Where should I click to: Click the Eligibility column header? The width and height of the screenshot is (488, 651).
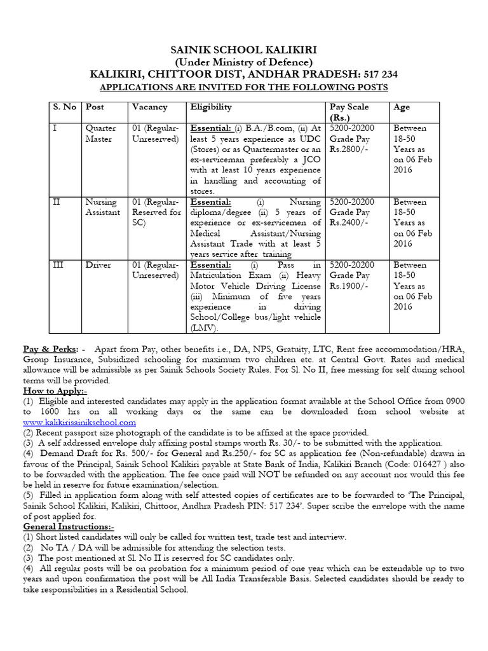211,107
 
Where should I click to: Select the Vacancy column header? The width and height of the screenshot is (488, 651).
149,107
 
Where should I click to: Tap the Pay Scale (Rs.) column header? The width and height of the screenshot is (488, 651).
349,112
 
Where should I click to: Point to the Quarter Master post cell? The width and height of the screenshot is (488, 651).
100,134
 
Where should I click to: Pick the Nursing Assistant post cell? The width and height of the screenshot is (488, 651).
102,207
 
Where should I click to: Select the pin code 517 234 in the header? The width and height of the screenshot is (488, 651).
379,74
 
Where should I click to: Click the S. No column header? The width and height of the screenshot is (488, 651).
64,107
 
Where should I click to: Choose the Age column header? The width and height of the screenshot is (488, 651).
402,107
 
